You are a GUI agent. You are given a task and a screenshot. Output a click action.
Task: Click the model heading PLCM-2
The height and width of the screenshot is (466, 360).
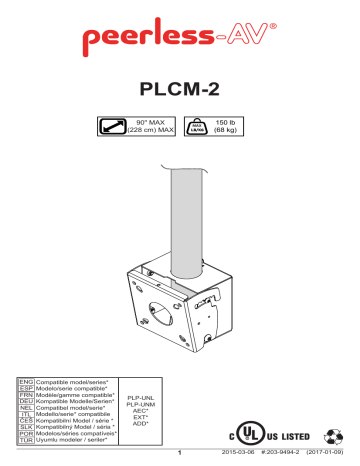[180, 90]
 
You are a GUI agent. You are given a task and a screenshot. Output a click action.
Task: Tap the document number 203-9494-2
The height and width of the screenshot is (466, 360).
[276, 457]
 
